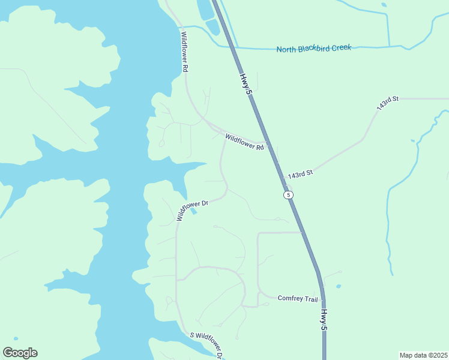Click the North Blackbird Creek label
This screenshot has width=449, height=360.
pos(313,48)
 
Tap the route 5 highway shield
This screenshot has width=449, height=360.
pos(289,195)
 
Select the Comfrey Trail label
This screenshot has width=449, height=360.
pos(297,298)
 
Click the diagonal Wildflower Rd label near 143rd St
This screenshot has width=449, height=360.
pos(244,142)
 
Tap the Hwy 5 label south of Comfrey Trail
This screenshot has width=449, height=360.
pos(324,320)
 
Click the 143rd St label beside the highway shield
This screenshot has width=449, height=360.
pos(301,175)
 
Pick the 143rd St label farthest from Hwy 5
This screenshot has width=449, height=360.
pos(388,101)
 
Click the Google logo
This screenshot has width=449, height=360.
pos(20,353)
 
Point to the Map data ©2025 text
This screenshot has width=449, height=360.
pos(423,355)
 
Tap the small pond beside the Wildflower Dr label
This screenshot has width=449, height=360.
pos(193,211)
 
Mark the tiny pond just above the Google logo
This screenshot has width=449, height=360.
pos(16,338)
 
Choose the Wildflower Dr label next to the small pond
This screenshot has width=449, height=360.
pos(191,209)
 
